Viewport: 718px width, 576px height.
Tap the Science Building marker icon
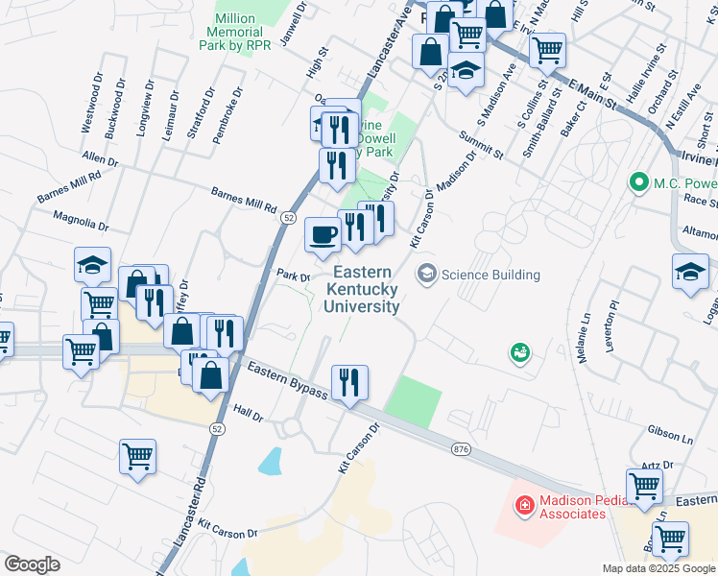pos(425,275)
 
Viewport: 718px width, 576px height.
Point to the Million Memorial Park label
pos(235,32)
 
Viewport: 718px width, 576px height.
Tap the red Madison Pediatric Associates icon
pos(524,504)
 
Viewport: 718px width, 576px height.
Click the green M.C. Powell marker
pos(637,181)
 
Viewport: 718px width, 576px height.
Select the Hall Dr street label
pos(247,413)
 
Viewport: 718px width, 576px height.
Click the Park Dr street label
pos(293,276)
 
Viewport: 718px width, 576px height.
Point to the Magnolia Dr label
pos(81,222)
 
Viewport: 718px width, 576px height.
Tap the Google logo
pos(32,564)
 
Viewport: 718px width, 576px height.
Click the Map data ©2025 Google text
pos(658,568)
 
